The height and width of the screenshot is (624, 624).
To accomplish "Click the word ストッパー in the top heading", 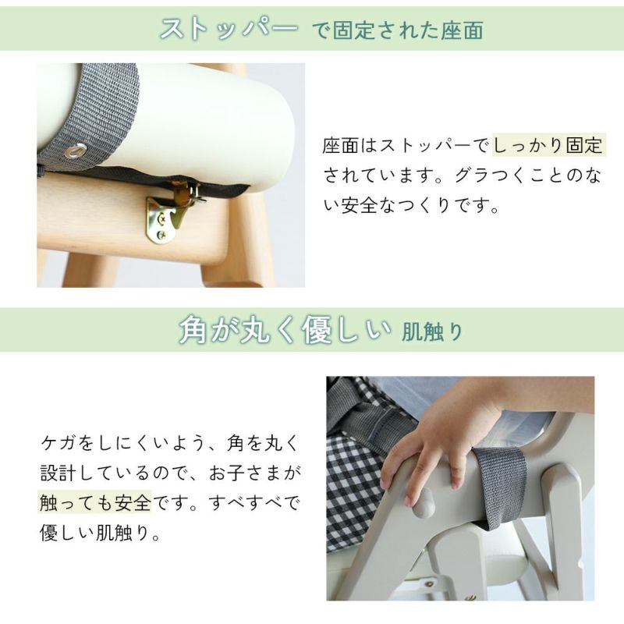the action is pyautogui.click(x=229, y=29).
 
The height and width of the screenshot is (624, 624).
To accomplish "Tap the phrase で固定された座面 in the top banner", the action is pyautogui.click(x=398, y=30).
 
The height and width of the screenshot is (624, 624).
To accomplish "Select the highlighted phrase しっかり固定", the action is pyautogui.click(x=548, y=145).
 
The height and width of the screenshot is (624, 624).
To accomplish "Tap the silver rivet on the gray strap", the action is pyautogui.click(x=76, y=151).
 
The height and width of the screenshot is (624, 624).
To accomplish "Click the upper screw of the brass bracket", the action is pyautogui.click(x=162, y=218).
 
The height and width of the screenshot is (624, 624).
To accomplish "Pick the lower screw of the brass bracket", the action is pyautogui.click(x=161, y=235).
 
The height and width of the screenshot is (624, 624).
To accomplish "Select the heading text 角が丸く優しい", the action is pyautogui.click(x=285, y=330).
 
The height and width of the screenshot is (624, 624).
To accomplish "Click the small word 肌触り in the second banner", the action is pyautogui.click(x=432, y=332).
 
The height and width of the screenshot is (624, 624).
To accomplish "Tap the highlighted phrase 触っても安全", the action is pyautogui.click(x=95, y=502).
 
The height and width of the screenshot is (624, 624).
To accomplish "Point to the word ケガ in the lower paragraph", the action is pyautogui.click(x=58, y=442).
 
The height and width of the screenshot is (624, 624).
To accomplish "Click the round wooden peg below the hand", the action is pyautogui.click(x=423, y=503).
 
